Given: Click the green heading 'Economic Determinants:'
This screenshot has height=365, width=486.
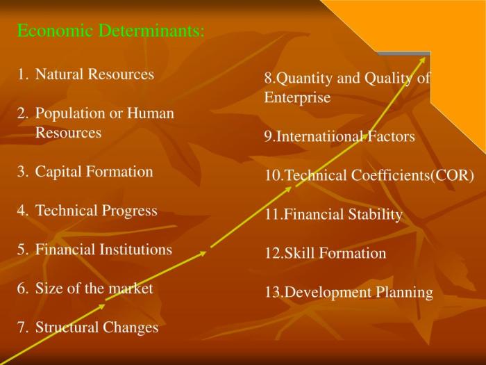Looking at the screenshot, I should (x=110, y=31).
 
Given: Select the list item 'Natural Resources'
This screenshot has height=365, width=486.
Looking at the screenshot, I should (x=94, y=74).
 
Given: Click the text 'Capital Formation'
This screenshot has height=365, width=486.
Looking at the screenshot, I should (x=94, y=172).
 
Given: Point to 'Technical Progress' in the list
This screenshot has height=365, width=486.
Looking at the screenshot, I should (x=96, y=211).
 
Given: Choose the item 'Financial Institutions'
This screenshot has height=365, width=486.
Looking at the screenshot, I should (x=103, y=250).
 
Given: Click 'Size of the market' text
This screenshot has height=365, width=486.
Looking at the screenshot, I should (x=94, y=288).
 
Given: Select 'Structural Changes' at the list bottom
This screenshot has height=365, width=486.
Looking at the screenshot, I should (x=97, y=327).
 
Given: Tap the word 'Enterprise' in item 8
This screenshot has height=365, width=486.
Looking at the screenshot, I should (x=297, y=98).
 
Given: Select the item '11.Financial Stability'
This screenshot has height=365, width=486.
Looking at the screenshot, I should (x=333, y=215).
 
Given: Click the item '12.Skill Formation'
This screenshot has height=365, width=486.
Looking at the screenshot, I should (x=325, y=254).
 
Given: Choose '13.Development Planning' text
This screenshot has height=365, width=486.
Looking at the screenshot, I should (x=349, y=293).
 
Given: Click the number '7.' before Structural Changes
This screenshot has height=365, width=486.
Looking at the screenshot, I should (x=23, y=327).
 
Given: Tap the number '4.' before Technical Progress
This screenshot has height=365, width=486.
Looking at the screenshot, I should (x=23, y=211).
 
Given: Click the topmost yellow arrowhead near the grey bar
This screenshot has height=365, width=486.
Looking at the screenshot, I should (x=423, y=60).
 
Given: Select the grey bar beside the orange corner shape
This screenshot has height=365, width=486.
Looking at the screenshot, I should (x=403, y=54).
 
